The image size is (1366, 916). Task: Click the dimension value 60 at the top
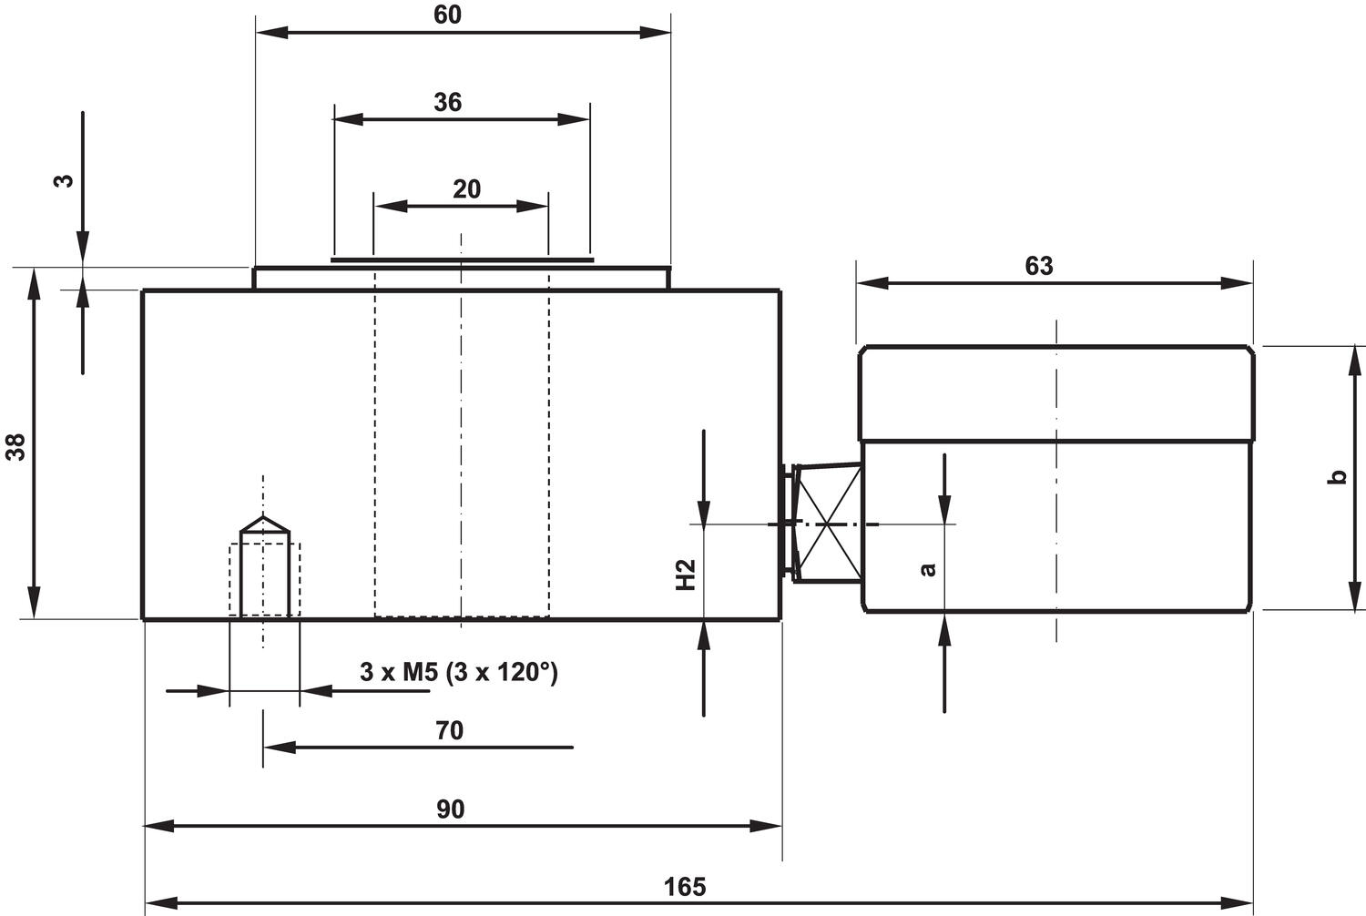pos(447,15)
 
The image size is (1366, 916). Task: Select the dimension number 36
pos(447,102)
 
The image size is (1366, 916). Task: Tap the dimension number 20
pos(466,189)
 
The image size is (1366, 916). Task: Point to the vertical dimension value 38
pos(16,446)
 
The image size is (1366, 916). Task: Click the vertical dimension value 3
pos(63,179)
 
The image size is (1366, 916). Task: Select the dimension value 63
pos(1038,266)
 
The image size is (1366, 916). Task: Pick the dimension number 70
pos(449,730)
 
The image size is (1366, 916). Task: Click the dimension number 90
pos(450,809)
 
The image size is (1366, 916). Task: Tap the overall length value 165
pos(684,886)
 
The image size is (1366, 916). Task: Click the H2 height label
pos(686,575)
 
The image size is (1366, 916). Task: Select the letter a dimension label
pos(928,569)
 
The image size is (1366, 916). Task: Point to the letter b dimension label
pos(1337,476)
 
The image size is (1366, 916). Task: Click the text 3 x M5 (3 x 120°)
pos(458,673)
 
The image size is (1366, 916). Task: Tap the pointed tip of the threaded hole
pos(265,518)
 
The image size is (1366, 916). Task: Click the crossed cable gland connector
pos(826,524)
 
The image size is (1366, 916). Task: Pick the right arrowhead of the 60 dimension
pos(657,32)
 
